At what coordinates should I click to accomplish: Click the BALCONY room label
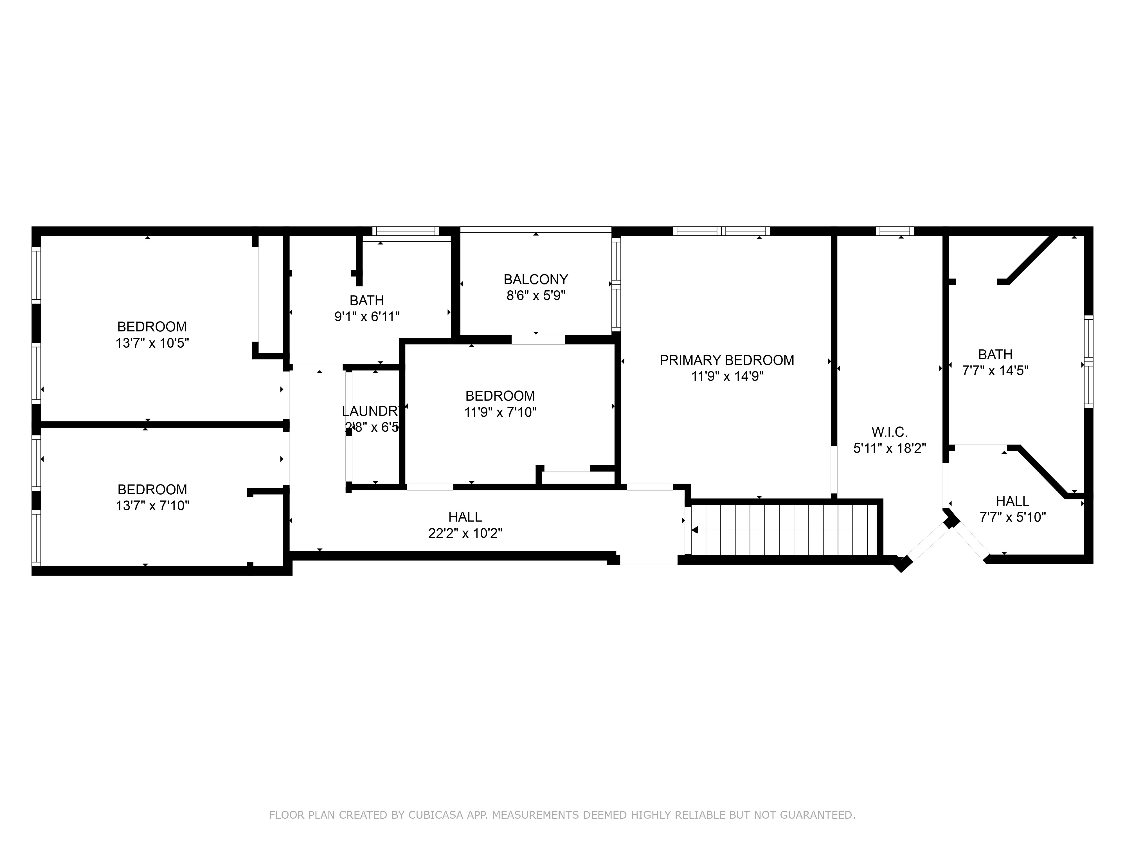[x=535, y=279]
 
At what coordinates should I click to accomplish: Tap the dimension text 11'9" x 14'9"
[x=727, y=376]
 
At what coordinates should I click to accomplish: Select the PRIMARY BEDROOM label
[x=727, y=360]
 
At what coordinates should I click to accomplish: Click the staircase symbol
[x=783, y=529]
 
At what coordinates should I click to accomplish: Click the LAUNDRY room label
[x=370, y=411]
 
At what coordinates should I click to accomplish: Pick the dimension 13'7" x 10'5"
[x=152, y=343]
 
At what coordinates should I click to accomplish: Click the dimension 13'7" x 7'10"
[x=152, y=506]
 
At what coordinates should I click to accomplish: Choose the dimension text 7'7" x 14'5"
[x=995, y=371]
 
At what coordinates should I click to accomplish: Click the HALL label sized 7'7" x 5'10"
[x=1012, y=501]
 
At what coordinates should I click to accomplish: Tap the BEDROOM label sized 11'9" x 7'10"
[x=500, y=396]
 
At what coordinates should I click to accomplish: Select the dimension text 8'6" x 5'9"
[x=535, y=296]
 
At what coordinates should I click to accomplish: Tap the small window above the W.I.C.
[x=895, y=231]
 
